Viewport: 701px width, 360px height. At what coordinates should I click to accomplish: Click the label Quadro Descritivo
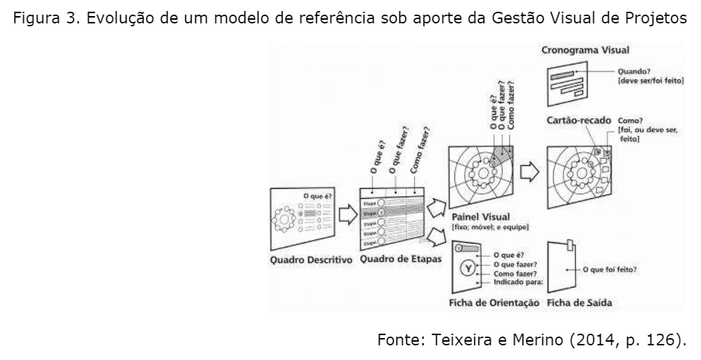coord(311,260)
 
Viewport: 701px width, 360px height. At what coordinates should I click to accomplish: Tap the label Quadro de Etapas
coord(395,260)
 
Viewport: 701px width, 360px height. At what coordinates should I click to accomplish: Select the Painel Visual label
coord(481,217)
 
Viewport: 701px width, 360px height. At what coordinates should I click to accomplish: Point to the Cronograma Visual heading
coord(586,51)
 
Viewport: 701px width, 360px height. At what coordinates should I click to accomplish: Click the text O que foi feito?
coord(609,269)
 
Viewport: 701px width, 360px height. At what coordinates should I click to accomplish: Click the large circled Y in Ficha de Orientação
coord(467,268)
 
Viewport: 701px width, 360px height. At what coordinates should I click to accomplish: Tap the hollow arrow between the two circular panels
coord(529,173)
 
